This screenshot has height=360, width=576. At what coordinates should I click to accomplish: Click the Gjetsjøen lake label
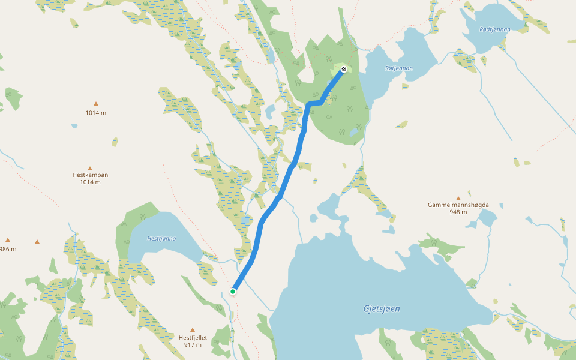382,309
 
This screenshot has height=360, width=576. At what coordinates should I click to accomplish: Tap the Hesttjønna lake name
161,238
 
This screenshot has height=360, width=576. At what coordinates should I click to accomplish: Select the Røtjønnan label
398,68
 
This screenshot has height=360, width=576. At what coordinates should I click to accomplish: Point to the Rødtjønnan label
495,29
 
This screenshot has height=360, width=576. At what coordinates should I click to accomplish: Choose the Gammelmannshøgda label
458,205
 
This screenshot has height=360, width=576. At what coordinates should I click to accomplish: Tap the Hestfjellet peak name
193,338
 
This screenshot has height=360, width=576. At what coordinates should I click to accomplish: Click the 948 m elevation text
458,212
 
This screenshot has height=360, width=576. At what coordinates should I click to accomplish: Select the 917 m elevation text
193,345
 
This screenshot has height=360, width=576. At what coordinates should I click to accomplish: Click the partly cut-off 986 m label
7,249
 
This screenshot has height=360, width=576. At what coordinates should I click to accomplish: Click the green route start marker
233,292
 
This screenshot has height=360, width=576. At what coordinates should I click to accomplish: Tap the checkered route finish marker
344,70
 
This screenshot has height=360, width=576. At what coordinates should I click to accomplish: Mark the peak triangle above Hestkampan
90,168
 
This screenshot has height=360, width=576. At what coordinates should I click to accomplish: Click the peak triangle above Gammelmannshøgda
458,197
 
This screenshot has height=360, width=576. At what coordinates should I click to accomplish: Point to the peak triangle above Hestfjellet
193,329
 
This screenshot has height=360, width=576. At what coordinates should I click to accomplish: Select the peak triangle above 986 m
8,239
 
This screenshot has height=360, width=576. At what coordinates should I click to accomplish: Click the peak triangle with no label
37,242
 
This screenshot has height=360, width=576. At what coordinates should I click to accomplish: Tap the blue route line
262,228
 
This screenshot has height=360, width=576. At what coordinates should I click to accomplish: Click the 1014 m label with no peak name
96,113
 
